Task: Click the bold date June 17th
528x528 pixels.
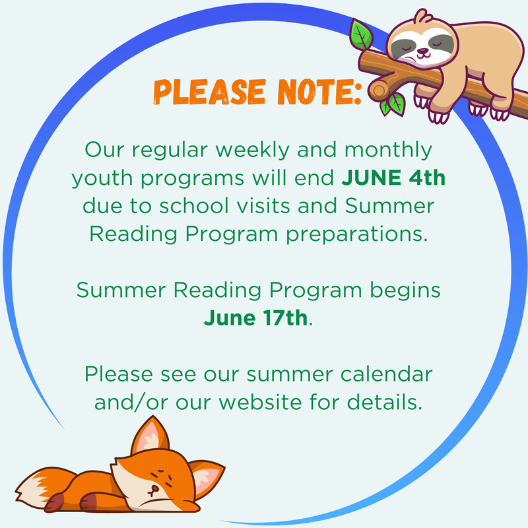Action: [x=255, y=317]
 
